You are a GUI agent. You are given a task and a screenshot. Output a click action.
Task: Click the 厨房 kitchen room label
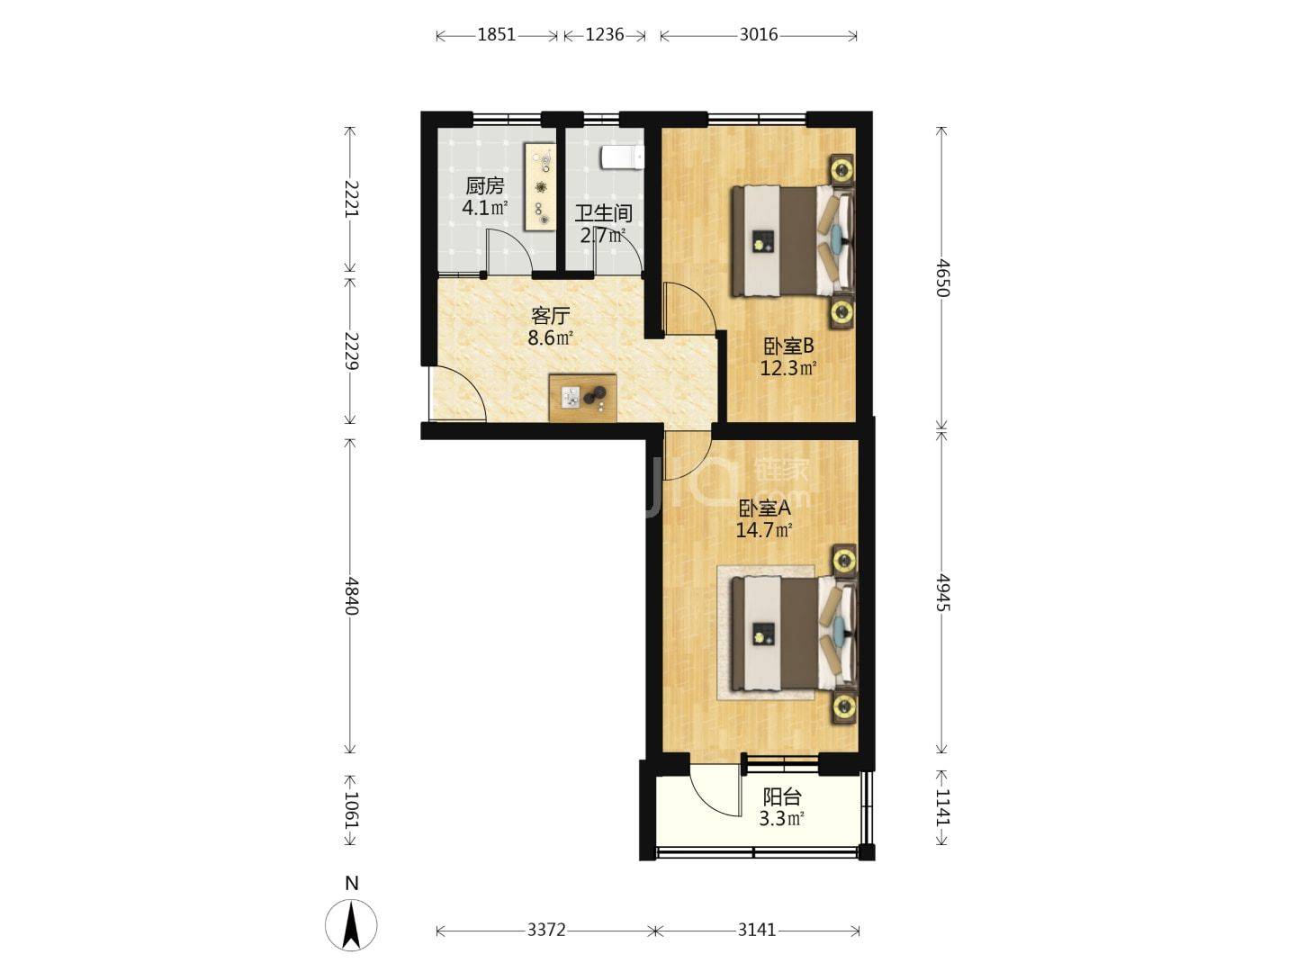pos(484,186)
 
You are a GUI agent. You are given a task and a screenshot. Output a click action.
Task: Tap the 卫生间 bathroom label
pos(603,213)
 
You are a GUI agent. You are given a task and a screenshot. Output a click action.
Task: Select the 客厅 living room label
pos(550,316)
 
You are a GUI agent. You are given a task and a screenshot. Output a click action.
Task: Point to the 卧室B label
pos(788,346)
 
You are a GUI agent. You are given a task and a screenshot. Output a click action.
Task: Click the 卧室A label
pos(764,508)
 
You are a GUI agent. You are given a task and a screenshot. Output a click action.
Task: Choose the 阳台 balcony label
pos(781,796)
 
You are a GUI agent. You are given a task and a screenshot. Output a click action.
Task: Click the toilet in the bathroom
pos(623,157)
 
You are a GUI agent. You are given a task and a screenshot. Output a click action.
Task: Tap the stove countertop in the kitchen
pos(540,186)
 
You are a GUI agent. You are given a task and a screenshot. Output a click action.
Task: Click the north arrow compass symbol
pos(351,922)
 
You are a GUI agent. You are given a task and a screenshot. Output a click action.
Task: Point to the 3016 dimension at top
pos(758,35)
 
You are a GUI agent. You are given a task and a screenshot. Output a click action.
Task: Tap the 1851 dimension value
pos(496,35)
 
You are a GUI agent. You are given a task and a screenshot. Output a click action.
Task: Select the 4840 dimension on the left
pos(351,595)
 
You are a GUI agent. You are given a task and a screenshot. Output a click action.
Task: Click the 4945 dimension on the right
pos(941,591)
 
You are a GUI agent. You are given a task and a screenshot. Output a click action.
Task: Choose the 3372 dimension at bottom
pos(546,930)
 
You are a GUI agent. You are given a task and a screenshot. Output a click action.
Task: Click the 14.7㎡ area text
pos(763,530)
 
